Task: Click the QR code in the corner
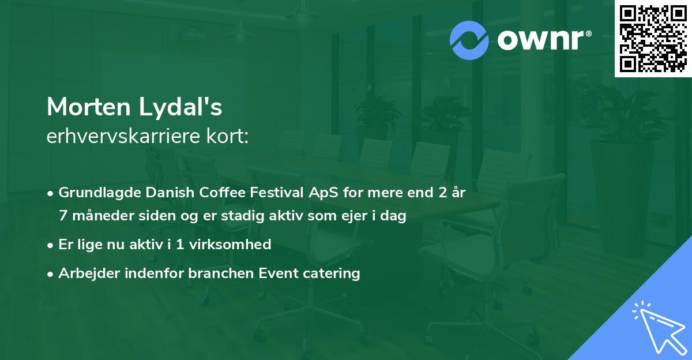point(653,39)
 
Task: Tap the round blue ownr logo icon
point(469,40)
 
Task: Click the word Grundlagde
point(94,193)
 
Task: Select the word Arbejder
point(84,273)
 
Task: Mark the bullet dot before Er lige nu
point(51,245)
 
